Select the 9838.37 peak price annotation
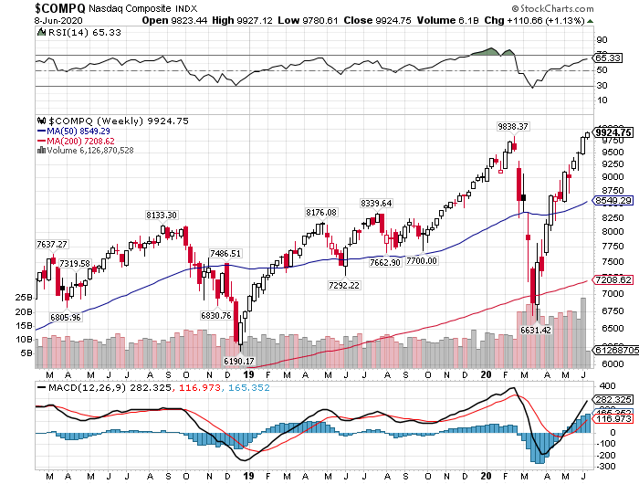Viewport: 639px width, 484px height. [513, 126]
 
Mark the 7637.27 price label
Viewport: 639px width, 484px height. [51, 244]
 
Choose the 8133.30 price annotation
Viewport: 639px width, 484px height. [161, 215]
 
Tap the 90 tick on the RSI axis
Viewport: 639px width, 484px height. [602, 40]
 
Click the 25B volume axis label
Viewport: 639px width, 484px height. [24, 298]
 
